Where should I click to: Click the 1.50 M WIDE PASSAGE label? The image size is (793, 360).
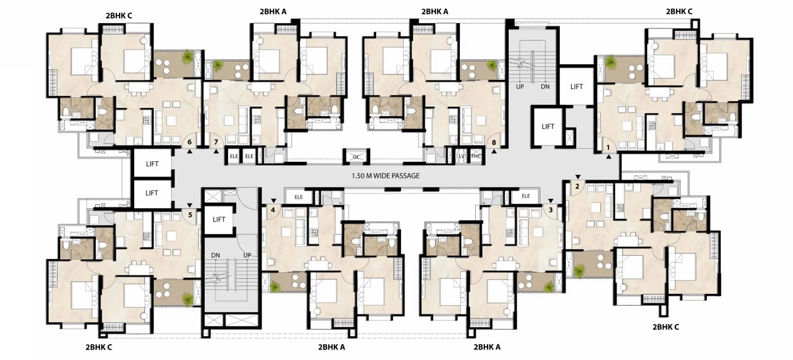tap(385, 176)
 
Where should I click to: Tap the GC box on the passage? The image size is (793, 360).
tap(356, 157)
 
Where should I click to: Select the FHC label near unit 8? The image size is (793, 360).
tap(476, 156)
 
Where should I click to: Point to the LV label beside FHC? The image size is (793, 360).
tap(462, 156)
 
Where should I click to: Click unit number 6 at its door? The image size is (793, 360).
tap(190, 142)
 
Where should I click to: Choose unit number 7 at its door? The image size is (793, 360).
tap(216, 142)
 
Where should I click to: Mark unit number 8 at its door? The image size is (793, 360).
tap(494, 143)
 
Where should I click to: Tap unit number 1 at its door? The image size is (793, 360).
tap(609, 147)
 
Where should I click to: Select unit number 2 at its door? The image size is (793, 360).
tap(577, 186)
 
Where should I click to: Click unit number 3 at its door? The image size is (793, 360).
tap(550, 210)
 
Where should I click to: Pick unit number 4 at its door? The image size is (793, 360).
tap(273, 210)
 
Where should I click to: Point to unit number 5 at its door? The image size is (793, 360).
tap(190, 215)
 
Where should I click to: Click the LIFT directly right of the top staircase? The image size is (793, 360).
tap(577, 87)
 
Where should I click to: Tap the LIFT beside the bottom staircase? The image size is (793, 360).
tap(219, 219)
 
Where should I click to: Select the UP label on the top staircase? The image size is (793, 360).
tap(519, 87)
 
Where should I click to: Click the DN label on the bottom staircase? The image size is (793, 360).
tap(215, 255)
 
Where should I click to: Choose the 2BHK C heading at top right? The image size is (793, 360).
tap(679, 11)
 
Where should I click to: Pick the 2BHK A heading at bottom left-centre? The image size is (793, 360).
tap(331, 347)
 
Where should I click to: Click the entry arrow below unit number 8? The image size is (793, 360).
tap(494, 151)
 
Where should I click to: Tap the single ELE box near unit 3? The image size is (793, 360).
tap(526, 196)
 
